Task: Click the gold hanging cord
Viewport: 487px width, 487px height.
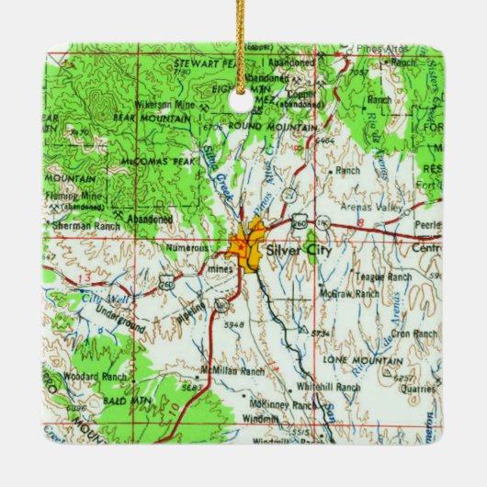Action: [243, 37]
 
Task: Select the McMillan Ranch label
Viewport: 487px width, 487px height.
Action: [233, 371]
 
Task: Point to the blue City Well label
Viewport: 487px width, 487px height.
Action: [101, 297]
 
